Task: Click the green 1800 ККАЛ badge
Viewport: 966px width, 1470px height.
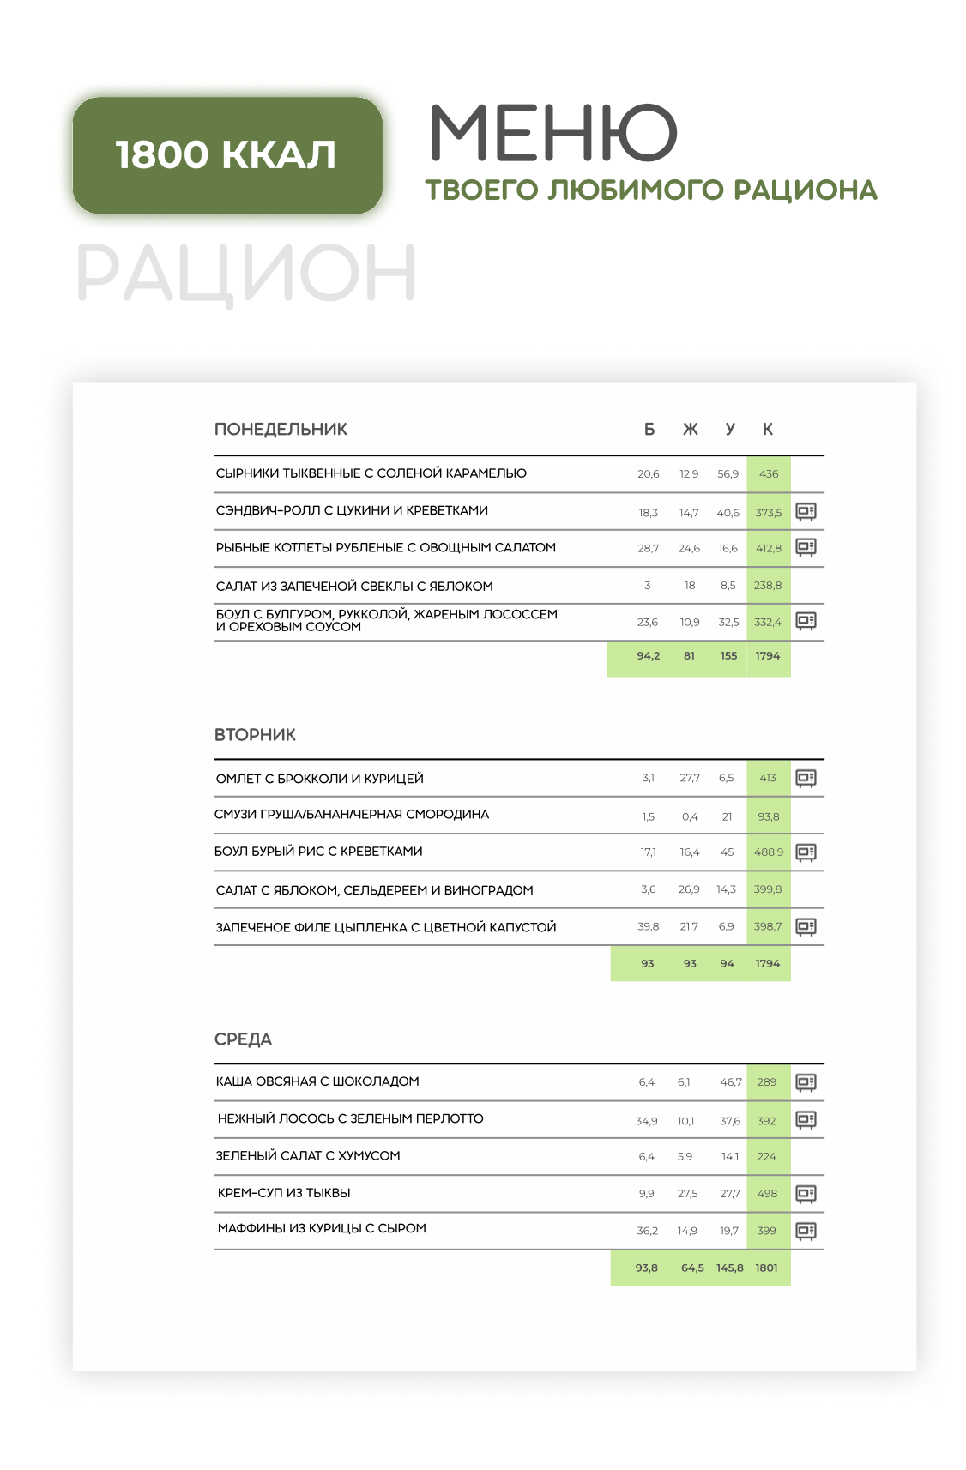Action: click(x=226, y=155)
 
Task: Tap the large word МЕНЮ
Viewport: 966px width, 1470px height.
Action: click(x=553, y=133)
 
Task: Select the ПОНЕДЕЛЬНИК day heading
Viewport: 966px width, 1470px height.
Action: click(x=281, y=430)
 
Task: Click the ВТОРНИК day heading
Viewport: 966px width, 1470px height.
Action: click(x=255, y=735)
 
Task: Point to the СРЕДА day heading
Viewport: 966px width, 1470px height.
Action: click(x=243, y=1039)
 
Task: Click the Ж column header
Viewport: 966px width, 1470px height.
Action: click(x=690, y=430)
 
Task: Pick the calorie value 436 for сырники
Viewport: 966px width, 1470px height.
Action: click(x=769, y=474)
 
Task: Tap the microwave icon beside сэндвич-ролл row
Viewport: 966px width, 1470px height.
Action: click(x=806, y=512)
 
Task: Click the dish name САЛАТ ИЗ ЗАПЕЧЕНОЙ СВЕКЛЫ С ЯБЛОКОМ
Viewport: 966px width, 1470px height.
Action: click(x=354, y=587)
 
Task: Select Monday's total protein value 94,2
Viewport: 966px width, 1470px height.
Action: click(x=648, y=656)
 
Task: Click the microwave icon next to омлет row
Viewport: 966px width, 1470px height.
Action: click(x=806, y=779)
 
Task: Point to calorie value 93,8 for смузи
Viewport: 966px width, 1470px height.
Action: click(x=769, y=817)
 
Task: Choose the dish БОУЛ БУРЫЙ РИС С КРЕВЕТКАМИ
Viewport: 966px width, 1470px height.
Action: click(x=318, y=852)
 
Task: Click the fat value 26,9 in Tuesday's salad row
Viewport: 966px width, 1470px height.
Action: click(x=689, y=889)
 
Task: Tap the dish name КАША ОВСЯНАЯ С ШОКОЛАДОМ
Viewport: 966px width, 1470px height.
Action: click(x=317, y=1081)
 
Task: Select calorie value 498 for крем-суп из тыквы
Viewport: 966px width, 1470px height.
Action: click(x=767, y=1194)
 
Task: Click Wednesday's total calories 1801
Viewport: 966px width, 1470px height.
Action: click(x=766, y=1268)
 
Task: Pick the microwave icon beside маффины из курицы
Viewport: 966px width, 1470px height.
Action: click(x=806, y=1232)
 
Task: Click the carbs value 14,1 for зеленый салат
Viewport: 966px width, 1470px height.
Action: click(x=729, y=1157)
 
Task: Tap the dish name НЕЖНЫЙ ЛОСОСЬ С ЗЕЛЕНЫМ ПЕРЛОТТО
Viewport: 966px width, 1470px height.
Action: click(x=350, y=1118)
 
